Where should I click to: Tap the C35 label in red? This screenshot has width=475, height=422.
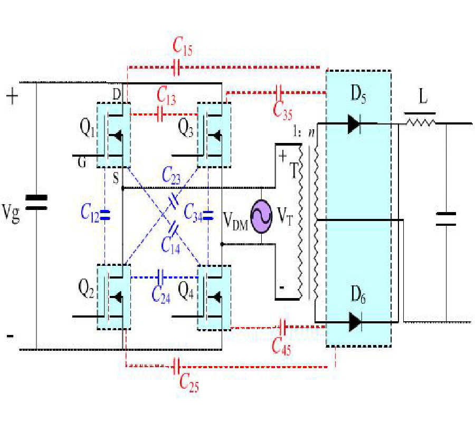pos(284,109)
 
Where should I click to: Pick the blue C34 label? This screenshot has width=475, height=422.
pos(194,213)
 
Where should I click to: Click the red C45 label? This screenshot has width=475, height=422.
pos(282,346)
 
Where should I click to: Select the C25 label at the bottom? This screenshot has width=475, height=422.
pos(188,383)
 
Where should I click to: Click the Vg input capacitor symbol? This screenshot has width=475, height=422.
pos(36,203)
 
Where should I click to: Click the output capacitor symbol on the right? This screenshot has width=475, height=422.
pos(446,218)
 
